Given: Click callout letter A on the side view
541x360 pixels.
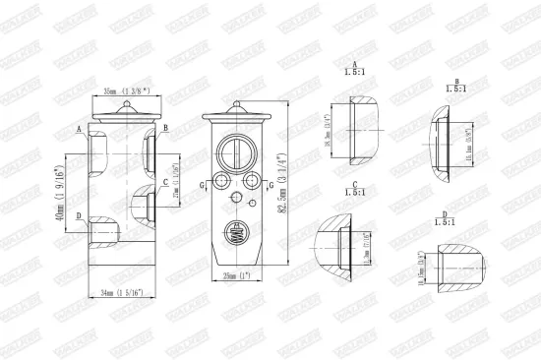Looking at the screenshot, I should pos(79,129).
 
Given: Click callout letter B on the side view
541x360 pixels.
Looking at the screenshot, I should pos(165,129).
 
